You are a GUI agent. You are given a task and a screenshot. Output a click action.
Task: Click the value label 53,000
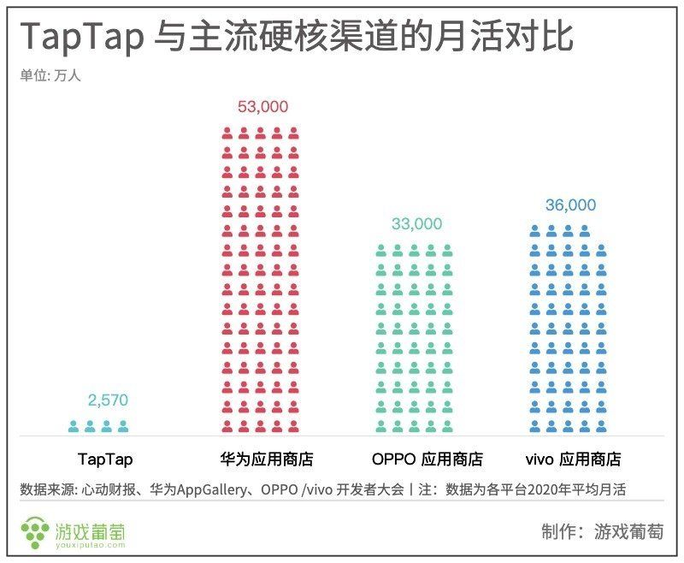(x=262, y=107)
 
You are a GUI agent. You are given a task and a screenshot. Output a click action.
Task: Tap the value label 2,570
(x=107, y=400)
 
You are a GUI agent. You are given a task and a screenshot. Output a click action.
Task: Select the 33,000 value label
(x=416, y=224)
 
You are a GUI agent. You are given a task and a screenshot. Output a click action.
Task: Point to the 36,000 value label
(x=570, y=205)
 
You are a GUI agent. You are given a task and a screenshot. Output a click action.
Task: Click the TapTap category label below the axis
(x=105, y=459)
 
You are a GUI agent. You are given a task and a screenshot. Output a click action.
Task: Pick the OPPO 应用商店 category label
(x=427, y=459)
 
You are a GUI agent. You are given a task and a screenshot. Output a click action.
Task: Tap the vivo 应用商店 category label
(x=570, y=459)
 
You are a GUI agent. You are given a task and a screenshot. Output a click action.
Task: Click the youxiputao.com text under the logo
(x=91, y=543)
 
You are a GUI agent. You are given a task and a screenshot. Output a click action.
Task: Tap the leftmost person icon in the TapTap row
(x=74, y=425)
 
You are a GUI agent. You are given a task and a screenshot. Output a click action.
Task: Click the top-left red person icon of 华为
(x=227, y=133)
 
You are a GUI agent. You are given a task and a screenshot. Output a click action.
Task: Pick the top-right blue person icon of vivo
(x=585, y=230)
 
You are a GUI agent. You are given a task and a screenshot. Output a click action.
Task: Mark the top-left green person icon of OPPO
(x=381, y=250)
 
